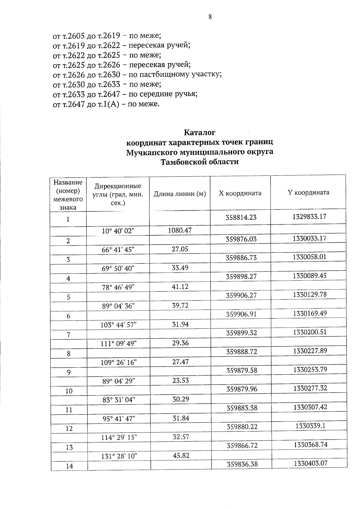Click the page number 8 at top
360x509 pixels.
(210, 17)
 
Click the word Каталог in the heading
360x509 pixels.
(199, 132)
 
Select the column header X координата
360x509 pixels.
(240, 193)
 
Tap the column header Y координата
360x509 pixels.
(308, 192)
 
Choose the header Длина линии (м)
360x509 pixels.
(180, 194)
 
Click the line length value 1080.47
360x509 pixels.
(180, 230)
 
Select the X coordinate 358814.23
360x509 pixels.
(241, 217)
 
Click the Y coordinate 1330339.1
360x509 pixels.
(310, 426)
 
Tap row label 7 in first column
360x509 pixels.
(68, 335)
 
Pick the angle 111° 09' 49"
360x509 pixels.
(118, 343)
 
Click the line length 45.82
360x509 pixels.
(181, 455)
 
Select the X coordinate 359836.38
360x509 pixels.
(242, 464)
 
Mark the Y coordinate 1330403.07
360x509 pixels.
(310, 463)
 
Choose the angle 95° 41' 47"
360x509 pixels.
(118, 418)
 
